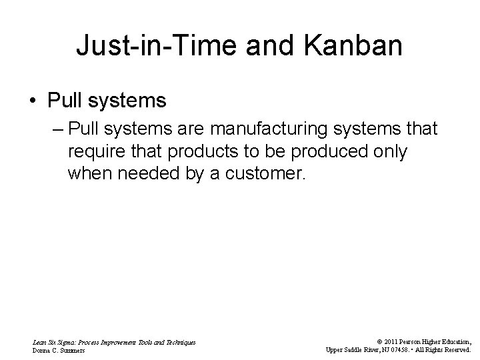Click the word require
click(x=94, y=152)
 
